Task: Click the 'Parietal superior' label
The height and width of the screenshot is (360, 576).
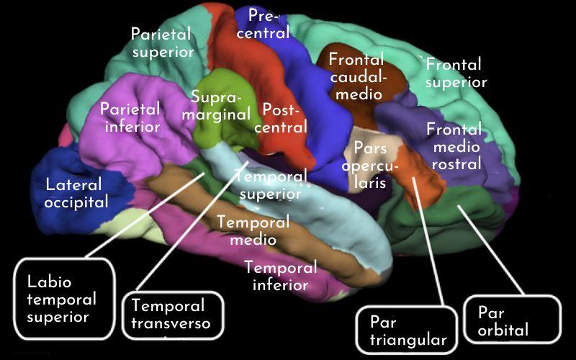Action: [x=162, y=42]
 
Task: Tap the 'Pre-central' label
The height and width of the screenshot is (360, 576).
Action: [x=265, y=24]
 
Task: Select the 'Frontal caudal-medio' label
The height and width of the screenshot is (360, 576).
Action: [x=356, y=76]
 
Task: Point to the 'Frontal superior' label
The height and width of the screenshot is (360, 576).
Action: [x=456, y=73]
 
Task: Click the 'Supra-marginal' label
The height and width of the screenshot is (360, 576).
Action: [x=217, y=106]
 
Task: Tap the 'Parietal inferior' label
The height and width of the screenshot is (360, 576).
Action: [x=130, y=117]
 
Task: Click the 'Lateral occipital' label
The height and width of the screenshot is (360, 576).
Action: [x=76, y=193]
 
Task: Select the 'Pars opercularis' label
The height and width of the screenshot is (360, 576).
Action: [x=370, y=166]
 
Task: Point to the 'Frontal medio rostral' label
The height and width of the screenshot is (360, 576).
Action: [x=455, y=147]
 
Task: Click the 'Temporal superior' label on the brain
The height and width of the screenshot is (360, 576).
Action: [x=271, y=186]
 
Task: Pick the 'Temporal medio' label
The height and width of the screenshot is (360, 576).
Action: [x=253, y=230]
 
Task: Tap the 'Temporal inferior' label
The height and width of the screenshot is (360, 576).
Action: [x=281, y=276]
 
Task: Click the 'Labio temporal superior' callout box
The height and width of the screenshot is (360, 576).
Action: [x=64, y=299]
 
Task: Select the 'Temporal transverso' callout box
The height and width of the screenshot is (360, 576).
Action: [x=173, y=315]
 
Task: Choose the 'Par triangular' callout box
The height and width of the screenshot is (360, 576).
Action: [x=407, y=330]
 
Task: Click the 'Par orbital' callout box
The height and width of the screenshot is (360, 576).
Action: [x=512, y=320]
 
